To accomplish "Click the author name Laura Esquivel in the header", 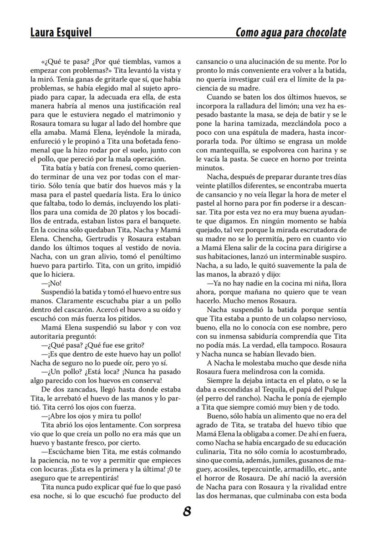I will click(61, 33).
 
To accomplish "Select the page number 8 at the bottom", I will click(187, 512).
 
